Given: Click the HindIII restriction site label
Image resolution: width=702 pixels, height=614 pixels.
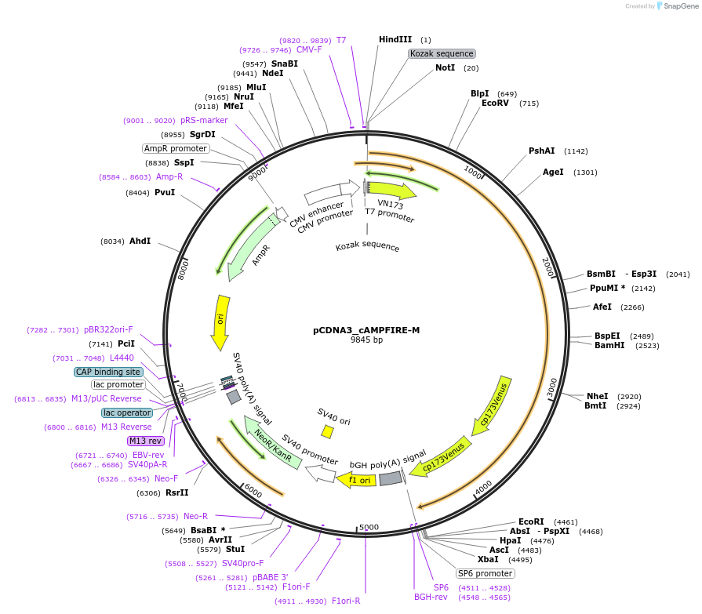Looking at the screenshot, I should pyautogui.click(x=395, y=39).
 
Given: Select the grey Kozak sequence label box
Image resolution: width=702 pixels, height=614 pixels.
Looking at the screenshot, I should pyautogui.click(x=442, y=53).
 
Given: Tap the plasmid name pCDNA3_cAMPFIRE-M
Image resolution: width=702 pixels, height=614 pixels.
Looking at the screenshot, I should pyautogui.click(x=366, y=330).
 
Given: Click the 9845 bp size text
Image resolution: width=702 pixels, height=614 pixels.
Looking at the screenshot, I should pyautogui.click(x=366, y=340).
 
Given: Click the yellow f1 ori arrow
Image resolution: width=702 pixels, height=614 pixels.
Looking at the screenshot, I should pyautogui.click(x=356, y=479).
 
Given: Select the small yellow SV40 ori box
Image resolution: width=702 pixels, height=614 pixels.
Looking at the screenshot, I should pyautogui.click(x=327, y=431).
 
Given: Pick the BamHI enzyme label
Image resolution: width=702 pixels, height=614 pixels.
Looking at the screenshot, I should pyautogui.click(x=609, y=345).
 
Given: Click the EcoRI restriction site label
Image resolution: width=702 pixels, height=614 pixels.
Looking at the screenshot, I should pyautogui.click(x=531, y=521).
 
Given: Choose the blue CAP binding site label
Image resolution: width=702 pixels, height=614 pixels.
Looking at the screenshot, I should pyautogui.click(x=108, y=372).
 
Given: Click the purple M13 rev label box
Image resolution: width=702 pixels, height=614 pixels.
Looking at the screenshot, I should pyautogui.click(x=145, y=441).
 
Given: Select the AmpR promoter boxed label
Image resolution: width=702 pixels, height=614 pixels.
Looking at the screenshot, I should pyautogui.click(x=176, y=148).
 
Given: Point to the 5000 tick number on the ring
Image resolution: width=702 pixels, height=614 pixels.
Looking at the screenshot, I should pyautogui.click(x=369, y=527).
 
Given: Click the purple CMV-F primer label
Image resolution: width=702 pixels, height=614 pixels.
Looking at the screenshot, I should pyautogui.click(x=309, y=49).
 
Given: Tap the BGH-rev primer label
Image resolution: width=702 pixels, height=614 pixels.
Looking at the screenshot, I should pyautogui.click(x=430, y=597).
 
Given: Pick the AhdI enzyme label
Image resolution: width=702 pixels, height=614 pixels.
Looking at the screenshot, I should pyautogui.click(x=140, y=242).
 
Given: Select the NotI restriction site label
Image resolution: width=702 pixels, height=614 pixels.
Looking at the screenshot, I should pyautogui.click(x=445, y=67).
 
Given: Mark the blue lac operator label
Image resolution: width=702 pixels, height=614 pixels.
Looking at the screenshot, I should pyautogui.click(x=127, y=412).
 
